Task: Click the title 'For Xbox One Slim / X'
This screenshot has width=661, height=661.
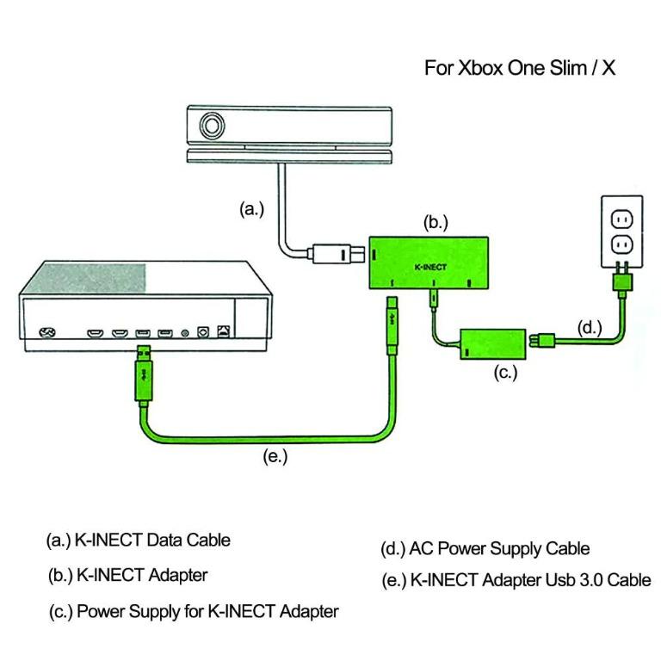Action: (x=520, y=69)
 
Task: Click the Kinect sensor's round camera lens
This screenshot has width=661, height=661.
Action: (x=210, y=127)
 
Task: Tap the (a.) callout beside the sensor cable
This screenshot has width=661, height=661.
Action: (x=251, y=209)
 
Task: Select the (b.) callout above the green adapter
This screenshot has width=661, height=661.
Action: (x=436, y=222)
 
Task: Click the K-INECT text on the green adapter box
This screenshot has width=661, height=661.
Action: (x=430, y=268)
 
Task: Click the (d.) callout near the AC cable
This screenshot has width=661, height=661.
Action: (x=587, y=328)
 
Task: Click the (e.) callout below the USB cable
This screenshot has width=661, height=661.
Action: (x=275, y=457)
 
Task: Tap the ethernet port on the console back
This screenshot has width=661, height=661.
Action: (x=225, y=330)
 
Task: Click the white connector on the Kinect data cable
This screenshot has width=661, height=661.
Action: (x=332, y=255)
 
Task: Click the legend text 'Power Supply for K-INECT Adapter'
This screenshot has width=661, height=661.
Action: (x=207, y=612)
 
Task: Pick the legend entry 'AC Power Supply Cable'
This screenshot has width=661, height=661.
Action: (x=500, y=547)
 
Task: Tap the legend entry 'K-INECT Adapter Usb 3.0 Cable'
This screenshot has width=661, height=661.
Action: (x=530, y=580)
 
